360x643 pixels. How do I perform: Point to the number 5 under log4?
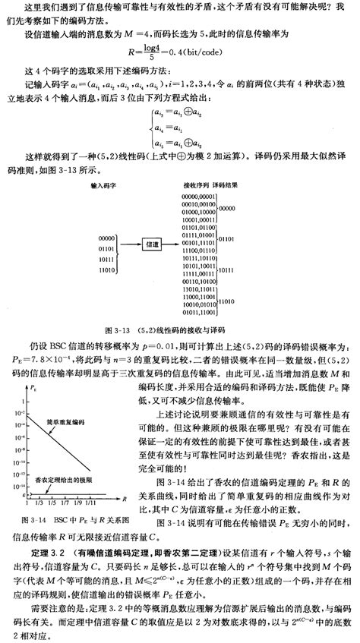coord(159,58)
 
